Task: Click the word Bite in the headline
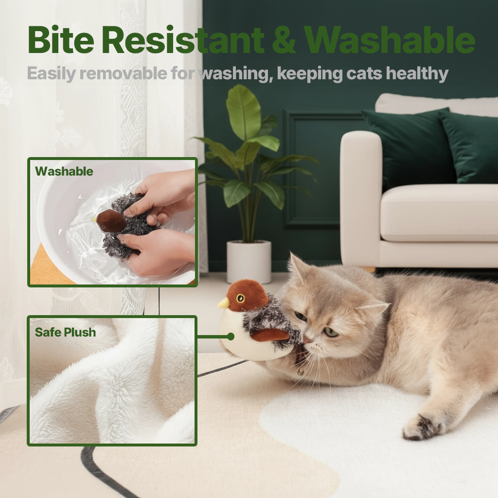point(60,41)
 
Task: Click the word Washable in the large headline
point(389,41)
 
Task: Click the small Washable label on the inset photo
point(64,171)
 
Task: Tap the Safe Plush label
point(65,333)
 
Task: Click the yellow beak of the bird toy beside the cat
point(223,303)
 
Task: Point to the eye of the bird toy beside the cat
point(241,298)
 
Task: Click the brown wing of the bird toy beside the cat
point(270,335)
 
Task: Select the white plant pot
point(249,261)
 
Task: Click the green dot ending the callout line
point(231,336)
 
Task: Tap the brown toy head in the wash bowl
point(110,221)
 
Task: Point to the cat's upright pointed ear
point(297,267)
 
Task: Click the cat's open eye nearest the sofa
point(331,332)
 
